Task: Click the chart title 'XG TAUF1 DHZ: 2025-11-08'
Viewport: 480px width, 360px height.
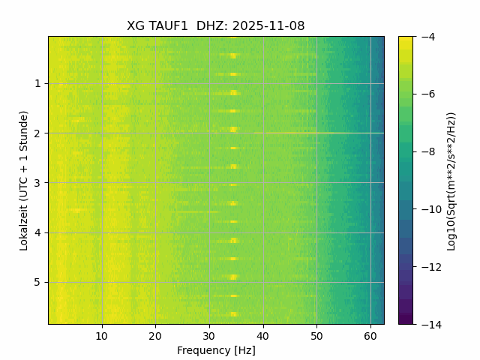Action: tap(216, 26)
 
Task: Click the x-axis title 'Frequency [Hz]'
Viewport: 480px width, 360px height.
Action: tap(216, 350)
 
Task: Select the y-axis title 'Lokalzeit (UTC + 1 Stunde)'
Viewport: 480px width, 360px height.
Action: tap(24, 180)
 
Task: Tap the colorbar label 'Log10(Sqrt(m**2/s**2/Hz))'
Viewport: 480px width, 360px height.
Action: tap(451, 180)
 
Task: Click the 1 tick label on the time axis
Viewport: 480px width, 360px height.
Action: tap(37, 83)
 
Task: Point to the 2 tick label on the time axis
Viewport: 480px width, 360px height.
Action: tap(37, 133)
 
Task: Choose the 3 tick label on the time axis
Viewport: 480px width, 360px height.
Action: tap(37, 182)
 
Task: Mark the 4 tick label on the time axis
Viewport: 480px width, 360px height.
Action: tap(37, 232)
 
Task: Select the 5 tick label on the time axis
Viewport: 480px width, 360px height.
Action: tap(37, 282)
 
